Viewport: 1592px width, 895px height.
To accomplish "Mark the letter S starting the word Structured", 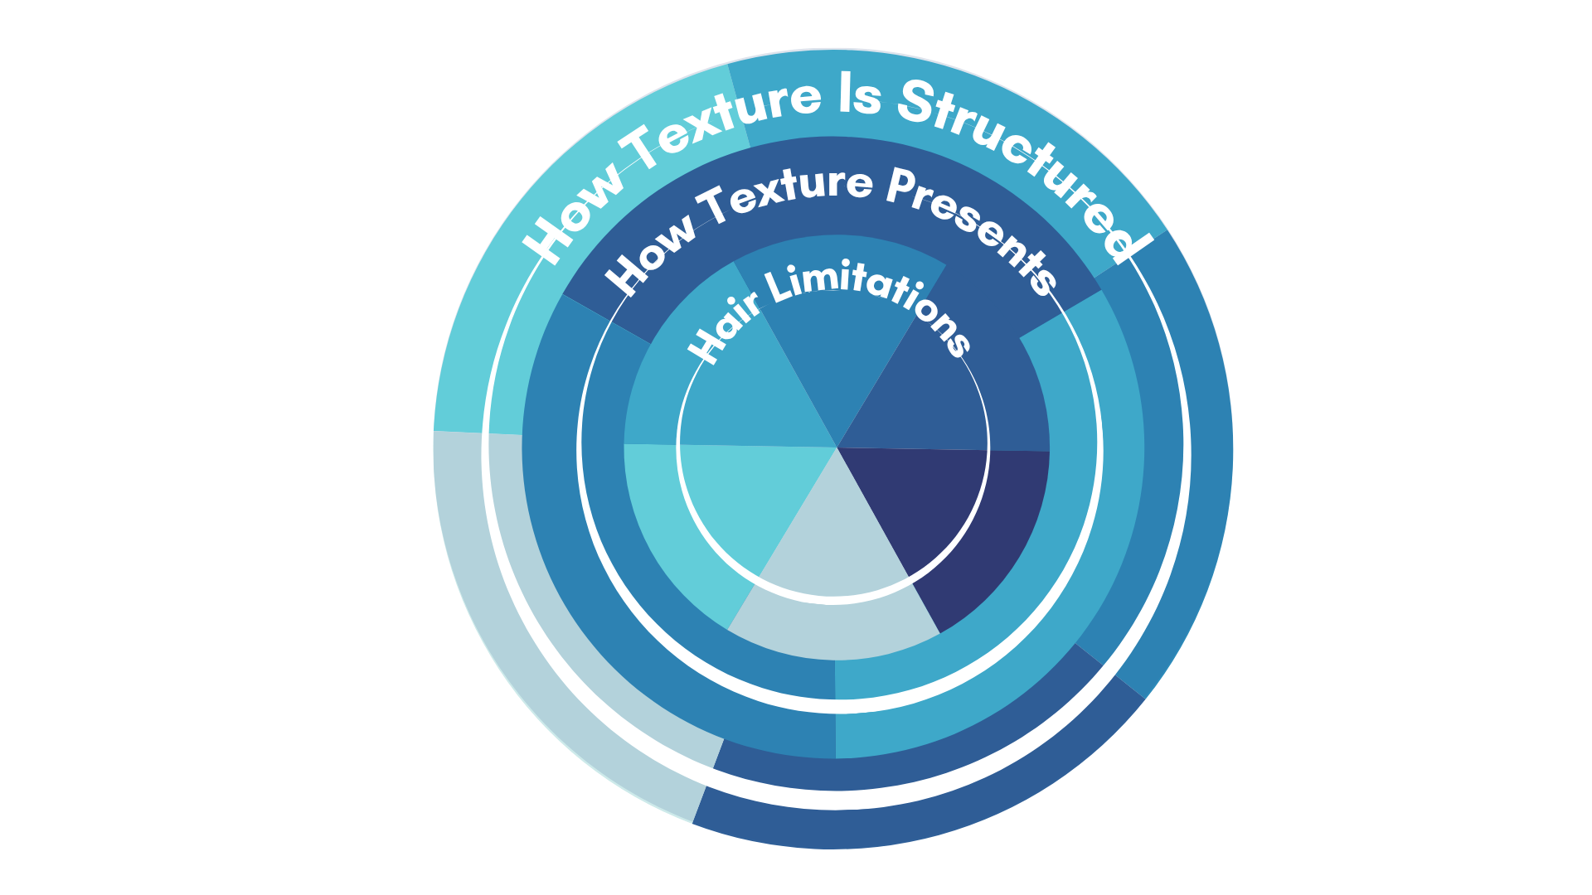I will (x=916, y=104).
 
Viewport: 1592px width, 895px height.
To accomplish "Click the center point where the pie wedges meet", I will (x=837, y=447).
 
